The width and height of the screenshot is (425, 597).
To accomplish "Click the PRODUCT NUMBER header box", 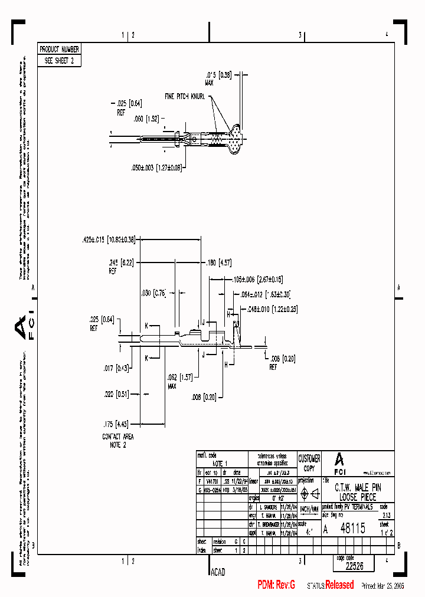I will pyautogui.click(x=58, y=50).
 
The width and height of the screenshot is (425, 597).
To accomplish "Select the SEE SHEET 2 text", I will pyautogui.click(x=58, y=60).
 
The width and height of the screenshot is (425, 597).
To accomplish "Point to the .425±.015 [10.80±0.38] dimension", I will pyautogui.click(x=109, y=240).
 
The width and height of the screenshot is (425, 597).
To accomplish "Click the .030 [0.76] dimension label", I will pyautogui.click(x=155, y=293).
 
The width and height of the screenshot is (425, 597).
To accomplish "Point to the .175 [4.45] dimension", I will pyautogui.click(x=116, y=423).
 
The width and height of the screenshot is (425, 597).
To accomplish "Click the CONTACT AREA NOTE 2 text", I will pyautogui.click(x=118, y=440).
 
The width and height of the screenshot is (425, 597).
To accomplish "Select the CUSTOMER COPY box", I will pyautogui.click(x=309, y=463).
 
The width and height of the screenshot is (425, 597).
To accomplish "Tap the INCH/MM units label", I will pyautogui.click(x=309, y=509).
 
